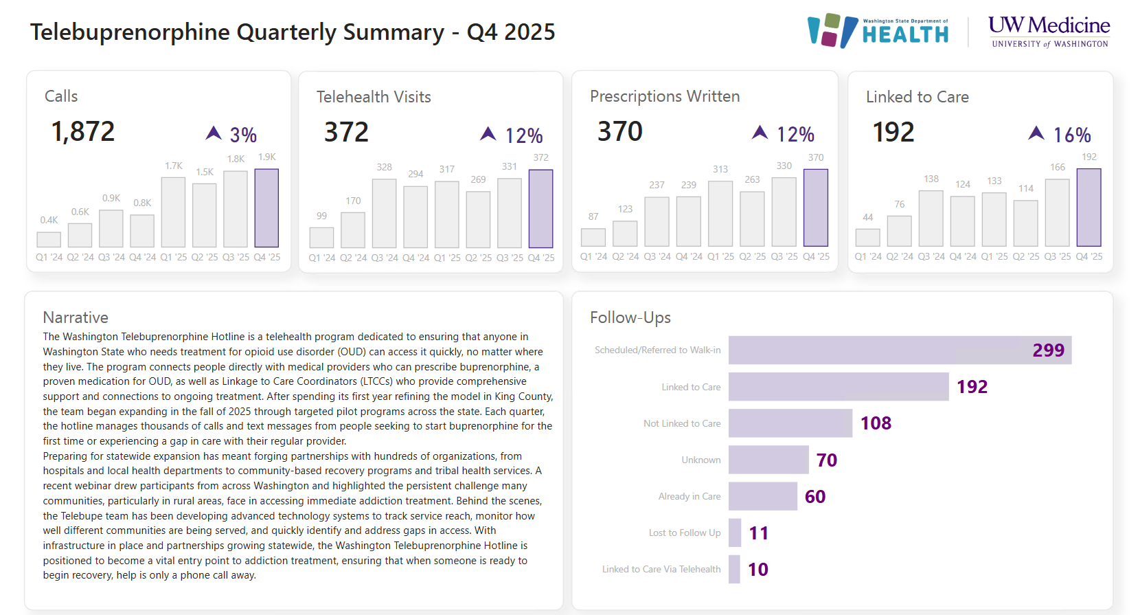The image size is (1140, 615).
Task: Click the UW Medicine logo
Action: pyautogui.click(x=1049, y=32)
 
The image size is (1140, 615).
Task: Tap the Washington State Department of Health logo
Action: pyautogui.click(x=878, y=31)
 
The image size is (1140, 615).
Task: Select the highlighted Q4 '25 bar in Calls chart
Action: pyautogui.click(x=266, y=208)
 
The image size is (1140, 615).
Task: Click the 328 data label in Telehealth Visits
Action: pyautogui.click(x=384, y=167)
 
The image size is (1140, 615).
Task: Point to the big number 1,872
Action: pyautogui.click(x=83, y=131)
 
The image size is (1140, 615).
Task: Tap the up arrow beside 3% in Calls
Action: pyautogui.click(x=214, y=133)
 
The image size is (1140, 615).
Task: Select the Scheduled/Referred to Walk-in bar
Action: pyautogui.click(x=900, y=350)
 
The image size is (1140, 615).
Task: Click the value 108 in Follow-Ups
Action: pyautogui.click(x=876, y=423)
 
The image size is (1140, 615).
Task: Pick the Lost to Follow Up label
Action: pyautogui.click(x=684, y=533)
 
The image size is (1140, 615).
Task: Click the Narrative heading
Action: pyautogui.click(x=76, y=317)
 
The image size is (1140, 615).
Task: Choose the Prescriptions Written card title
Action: pyautogui.click(x=664, y=96)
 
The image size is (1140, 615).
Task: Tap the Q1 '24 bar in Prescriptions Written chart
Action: pyautogui.click(x=593, y=237)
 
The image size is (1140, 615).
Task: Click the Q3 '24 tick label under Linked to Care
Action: pyautogui.click(x=931, y=256)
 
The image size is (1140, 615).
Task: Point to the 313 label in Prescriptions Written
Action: pyautogui.click(x=720, y=169)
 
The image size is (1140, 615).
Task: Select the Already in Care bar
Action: pyautogui.click(x=762, y=496)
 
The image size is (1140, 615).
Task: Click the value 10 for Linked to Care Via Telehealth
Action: pyautogui.click(x=757, y=570)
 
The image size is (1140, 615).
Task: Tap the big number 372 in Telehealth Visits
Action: pyautogui.click(x=346, y=132)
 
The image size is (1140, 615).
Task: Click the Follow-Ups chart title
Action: pyautogui.click(x=630, y=317)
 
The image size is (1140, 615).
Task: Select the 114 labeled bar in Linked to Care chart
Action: pyautogui.click(x=1025, y=223)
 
